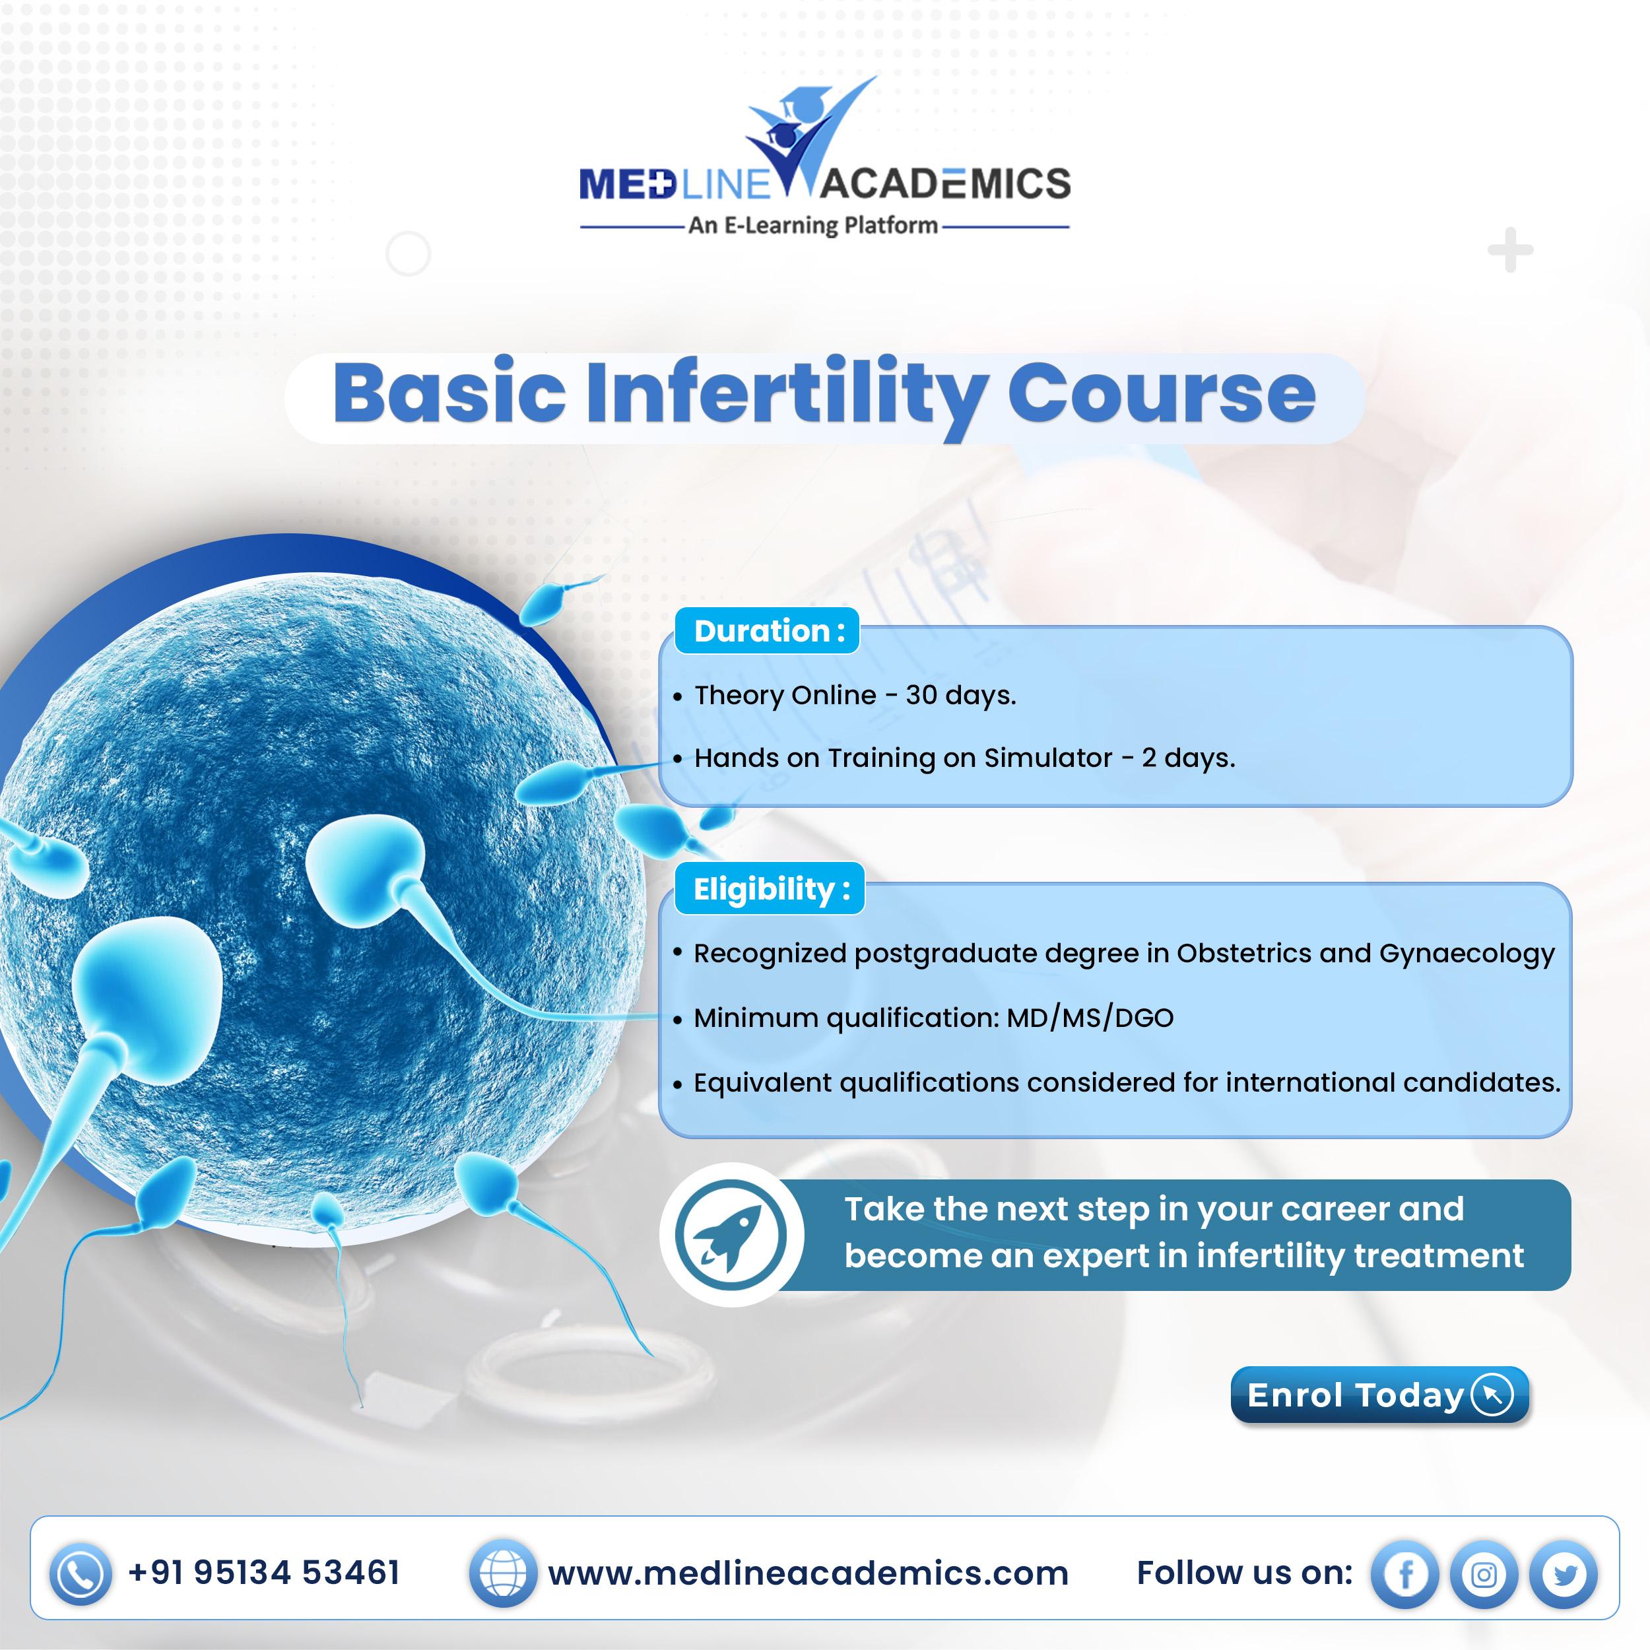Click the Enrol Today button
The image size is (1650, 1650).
(x=1379, y=1395)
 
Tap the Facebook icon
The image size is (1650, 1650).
(x=1405, y=1573)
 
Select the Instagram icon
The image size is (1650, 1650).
(x=1484, y=1573)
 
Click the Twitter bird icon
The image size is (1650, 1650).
(x=1563, y=1573)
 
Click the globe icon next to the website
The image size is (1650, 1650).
(x=502, y=1573)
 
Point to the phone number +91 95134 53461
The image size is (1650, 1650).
(x=264, y=1572)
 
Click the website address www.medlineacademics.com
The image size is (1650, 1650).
(x=808, y=1573)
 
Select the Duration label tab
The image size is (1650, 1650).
(x=767, y=630)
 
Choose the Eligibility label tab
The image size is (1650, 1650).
(x=770, y=889)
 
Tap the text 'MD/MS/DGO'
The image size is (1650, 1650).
(x=1090, y=1017)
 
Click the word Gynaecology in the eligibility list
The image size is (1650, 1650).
(x=1467, y=954)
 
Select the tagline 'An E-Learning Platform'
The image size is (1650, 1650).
(x=813, y=226)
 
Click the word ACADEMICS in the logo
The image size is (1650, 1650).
(x=944, y=183)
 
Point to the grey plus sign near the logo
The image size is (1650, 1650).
(x=1510, y=251)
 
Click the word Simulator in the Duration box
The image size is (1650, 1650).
(x=1048, y=758)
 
